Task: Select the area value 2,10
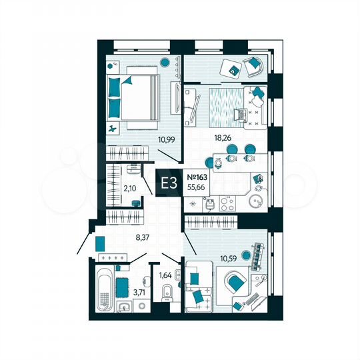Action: (129, 189)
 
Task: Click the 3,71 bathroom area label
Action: (140, 292)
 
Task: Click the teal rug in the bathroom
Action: (122, 289)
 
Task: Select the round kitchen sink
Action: (255, 201)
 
